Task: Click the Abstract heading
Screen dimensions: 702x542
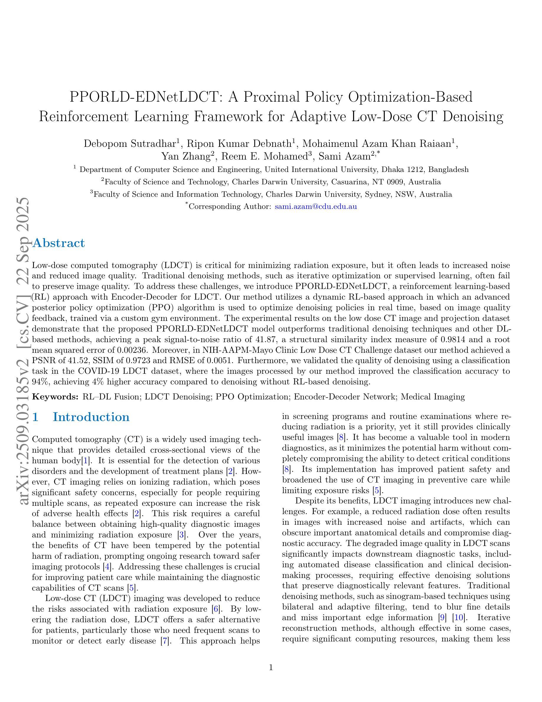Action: coord(59,243)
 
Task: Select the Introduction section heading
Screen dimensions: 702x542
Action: coord(91,417)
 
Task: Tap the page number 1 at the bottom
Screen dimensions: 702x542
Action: coord(271,668)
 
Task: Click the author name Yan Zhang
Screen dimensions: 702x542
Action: coord(186,156)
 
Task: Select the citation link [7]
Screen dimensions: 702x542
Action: coord(165,641)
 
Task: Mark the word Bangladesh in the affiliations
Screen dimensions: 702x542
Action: coord(448,169)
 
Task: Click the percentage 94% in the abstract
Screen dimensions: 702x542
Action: coord(39,382)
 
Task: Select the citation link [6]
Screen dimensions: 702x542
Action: coord(216,609)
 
